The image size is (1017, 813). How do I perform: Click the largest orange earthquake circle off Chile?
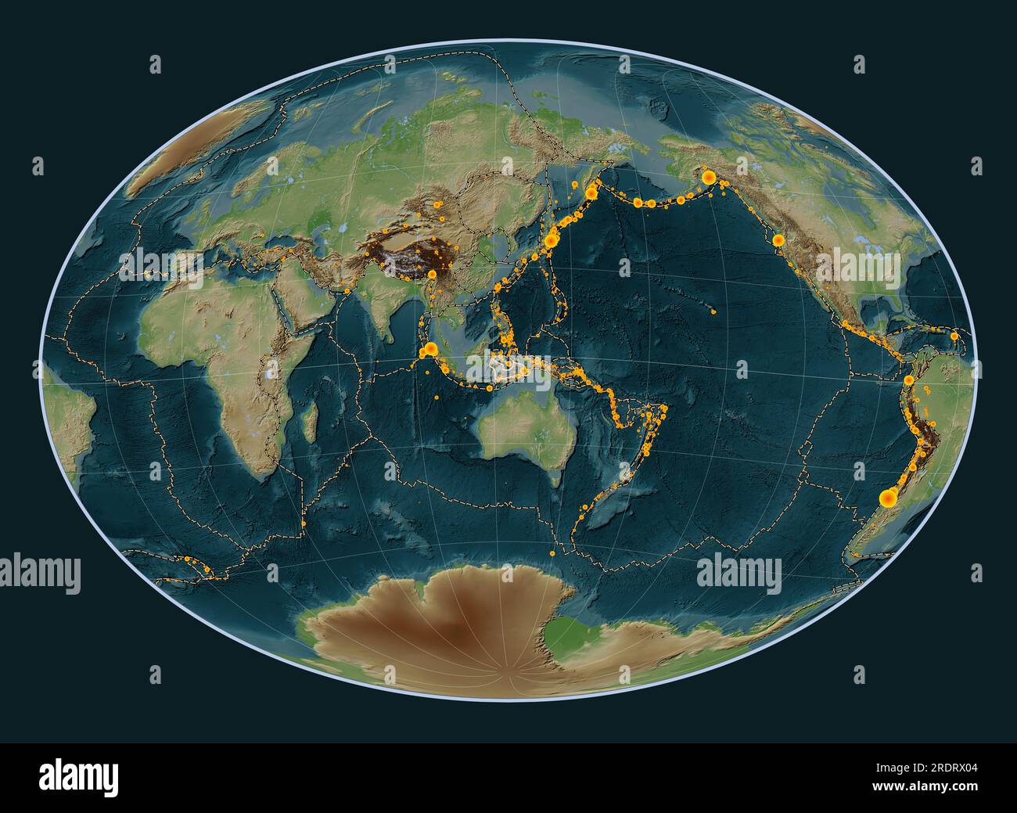[888, 498]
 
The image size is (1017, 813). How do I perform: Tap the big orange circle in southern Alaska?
[709, 178]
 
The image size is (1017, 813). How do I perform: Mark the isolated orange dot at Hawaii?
[714, 311]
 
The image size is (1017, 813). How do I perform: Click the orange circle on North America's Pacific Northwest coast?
[778, 241]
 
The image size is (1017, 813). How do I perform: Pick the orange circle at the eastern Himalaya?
[433, 274]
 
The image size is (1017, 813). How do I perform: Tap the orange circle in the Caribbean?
[954, 336]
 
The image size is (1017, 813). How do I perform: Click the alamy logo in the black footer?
[80, 778]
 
